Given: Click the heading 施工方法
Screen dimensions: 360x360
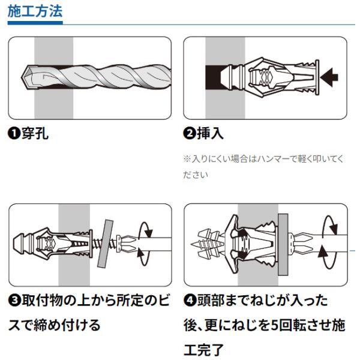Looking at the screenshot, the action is tap(35, 11).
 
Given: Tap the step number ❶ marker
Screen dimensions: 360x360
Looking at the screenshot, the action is tap(14, 133).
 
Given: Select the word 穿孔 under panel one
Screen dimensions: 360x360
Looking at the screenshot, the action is tap(35, 133).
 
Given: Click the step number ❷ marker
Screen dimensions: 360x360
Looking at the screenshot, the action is tap(189, 133).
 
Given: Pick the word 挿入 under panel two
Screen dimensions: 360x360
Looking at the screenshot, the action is tap(210, 133).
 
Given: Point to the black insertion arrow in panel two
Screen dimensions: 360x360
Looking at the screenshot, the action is tap(329, 77).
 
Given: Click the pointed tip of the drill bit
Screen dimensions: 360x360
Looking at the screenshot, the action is tap(22, 77).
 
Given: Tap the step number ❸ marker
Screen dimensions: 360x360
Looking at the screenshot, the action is tap(14, 301).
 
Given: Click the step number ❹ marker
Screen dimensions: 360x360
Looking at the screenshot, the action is tap(190, 301).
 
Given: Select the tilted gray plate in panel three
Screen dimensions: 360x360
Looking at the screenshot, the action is tap(106, 244).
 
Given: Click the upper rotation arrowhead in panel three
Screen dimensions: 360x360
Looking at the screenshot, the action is tap(149, 233).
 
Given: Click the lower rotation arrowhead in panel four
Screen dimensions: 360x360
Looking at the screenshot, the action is tap(323, 251).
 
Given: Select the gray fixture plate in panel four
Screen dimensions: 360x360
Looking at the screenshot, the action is tap(283, 245).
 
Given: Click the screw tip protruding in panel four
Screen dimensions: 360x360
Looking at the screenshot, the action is tap(191, 244).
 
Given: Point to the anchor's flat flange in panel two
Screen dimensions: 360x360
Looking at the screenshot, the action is tap(317, 77).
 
